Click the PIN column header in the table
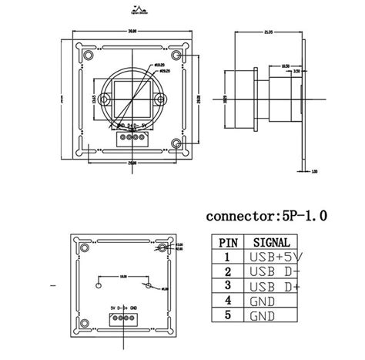click(x=228, y=241)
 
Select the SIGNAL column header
click(x=270, y=241)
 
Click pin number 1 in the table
click(x=228, y=257)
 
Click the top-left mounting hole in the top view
click(x=80, y=53)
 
